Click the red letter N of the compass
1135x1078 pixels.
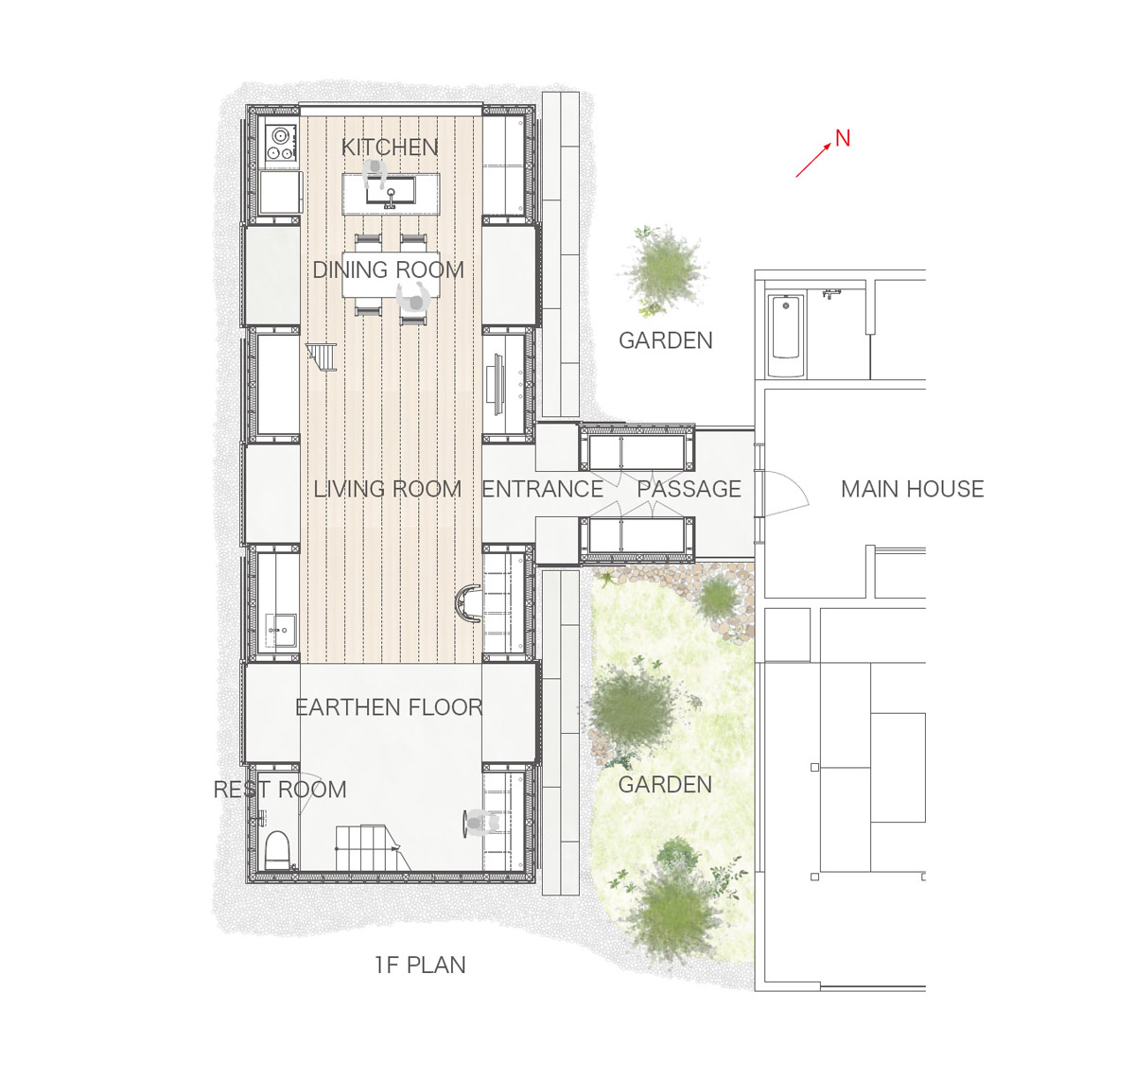pos(843,138)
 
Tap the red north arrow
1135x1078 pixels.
pos(812,160)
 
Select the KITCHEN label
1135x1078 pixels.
pos(390,148)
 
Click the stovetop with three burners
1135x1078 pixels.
pos(281,143)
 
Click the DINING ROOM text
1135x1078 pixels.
pos(389,269)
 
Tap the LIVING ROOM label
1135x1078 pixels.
pos(388,489)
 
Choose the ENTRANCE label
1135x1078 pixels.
pos(542,489)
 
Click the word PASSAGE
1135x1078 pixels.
pos(689,489)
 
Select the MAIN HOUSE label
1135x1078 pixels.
pos(912,489)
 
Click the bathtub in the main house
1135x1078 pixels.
pos(786,336)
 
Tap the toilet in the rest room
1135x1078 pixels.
pos(276,849)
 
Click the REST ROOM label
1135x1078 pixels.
pos(280,790)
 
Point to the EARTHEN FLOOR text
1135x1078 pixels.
pos(389,707)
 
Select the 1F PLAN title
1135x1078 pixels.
pos(420,965)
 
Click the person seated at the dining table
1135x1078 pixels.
pos(414,299)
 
